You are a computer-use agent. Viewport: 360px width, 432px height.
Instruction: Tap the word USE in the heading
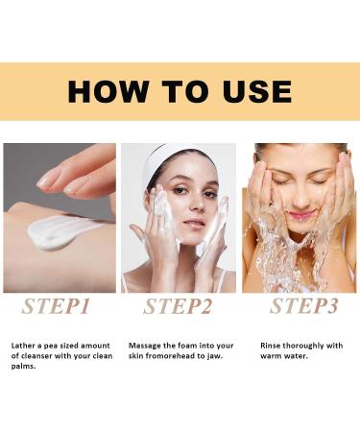pos(248,91)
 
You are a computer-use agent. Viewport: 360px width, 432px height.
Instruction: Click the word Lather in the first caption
pos(25,344)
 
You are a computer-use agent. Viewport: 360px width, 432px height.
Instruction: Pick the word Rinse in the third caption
pos(273,344)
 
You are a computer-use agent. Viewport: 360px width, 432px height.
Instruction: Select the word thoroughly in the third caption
pos(309,344)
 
